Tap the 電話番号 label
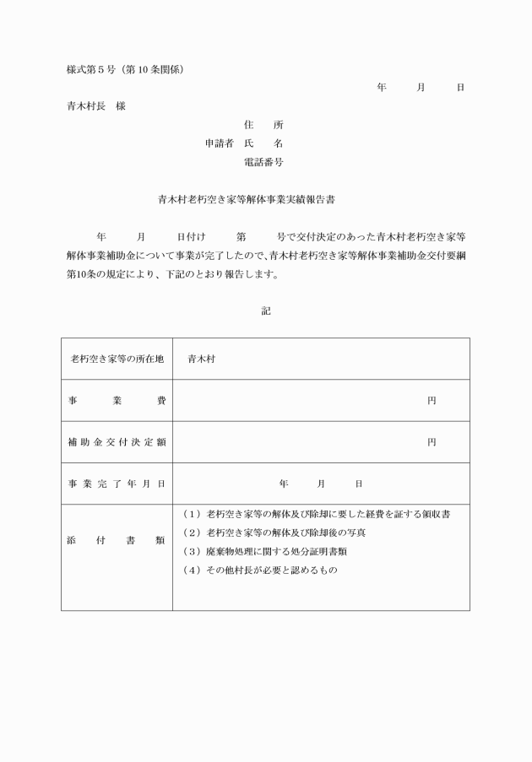pyautogui.click(x=263, y=161)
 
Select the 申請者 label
pyautogui.click(x=221, y=143)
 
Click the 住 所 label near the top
pyautogui.click(x=263, y=125)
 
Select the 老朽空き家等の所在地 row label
pyautogui.click(x=117, y=359)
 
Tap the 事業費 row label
pyautogui.click(x=117, y=400)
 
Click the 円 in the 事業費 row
pyautogui.click(x=432, y=400)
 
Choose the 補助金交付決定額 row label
pyautogui.click(x=117, y=441)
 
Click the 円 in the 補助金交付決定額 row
pyautogui.click(x=432, y=441)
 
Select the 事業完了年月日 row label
pyautogui.click(x=117, y=484)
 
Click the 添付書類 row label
pyautogui.click(x=117, y=541)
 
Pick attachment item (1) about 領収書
pyautogui.click(x=315, y=514)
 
